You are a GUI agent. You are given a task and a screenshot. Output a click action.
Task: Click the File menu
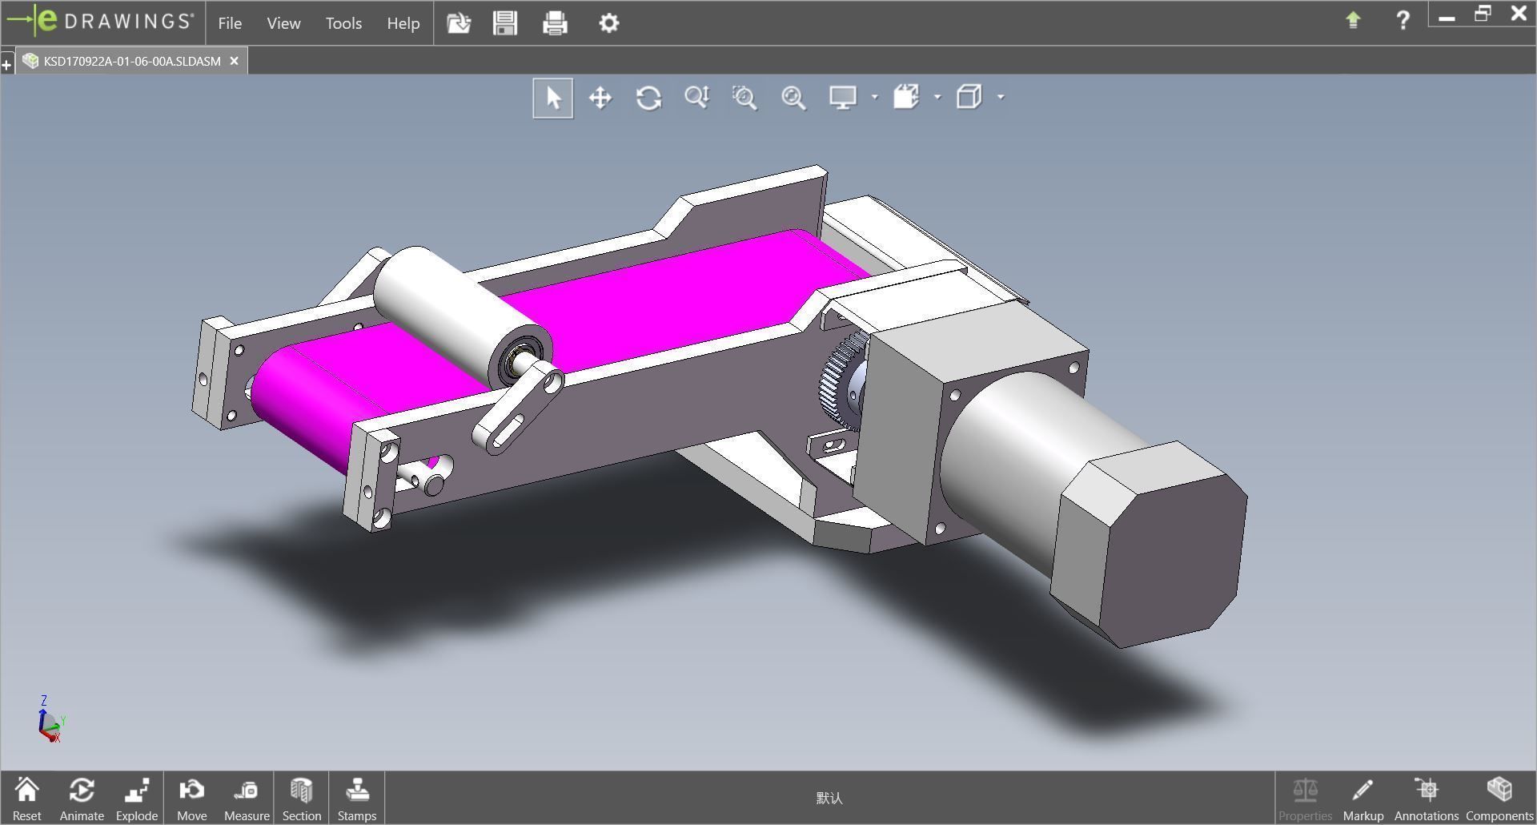230,23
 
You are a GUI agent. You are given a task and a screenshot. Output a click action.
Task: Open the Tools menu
343,23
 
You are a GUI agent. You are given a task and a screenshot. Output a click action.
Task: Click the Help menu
403,23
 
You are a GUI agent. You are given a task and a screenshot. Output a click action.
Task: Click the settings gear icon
608,23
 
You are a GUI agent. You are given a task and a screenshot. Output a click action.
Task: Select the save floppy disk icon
505,23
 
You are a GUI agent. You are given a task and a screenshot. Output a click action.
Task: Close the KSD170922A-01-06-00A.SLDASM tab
234,61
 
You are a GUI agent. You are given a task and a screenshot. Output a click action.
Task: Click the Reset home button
26,798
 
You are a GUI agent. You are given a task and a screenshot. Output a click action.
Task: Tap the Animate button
82,798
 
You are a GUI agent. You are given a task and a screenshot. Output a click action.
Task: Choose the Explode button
137,798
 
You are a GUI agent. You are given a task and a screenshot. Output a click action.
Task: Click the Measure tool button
247,798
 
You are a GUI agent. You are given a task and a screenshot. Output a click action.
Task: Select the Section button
301,798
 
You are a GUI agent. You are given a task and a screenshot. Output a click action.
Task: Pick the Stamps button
356,798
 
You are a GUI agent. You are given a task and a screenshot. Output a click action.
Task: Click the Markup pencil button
1362,798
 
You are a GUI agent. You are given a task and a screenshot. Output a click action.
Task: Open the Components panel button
1499,798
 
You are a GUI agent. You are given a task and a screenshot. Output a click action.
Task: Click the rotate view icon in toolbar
648,98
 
